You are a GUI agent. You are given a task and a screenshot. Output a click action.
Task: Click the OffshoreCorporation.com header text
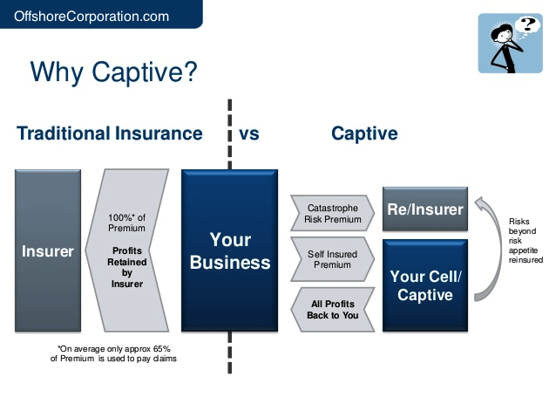[92, 14]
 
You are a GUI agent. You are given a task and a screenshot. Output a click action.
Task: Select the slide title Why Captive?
[113, 72]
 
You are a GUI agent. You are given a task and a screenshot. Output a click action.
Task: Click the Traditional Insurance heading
[110, 134]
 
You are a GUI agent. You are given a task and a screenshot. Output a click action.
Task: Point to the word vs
[249, 134]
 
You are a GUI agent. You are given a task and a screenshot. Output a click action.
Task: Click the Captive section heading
[364, 134]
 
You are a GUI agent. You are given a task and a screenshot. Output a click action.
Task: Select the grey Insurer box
[48, 251]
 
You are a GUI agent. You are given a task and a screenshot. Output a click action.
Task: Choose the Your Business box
[230, 250]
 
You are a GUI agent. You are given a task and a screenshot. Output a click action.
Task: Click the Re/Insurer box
[424, 209]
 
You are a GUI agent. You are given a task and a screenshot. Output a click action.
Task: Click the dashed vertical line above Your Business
[230, 131]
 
